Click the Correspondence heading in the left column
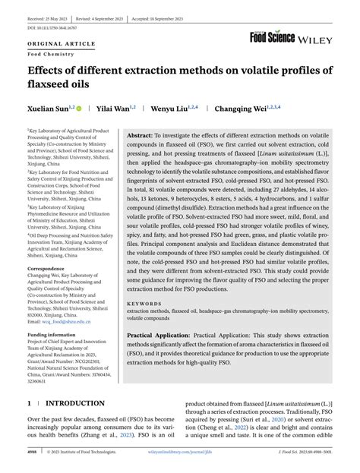tap(51, 268)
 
